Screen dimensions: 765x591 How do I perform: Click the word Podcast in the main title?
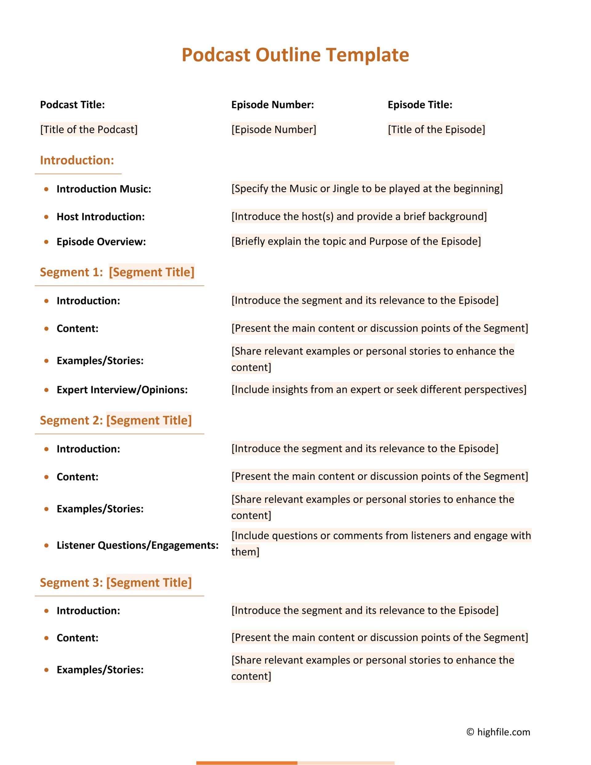pos(216,55)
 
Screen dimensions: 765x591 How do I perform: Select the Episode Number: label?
pos(272,105)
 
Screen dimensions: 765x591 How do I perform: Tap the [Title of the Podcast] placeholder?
pos(89,130)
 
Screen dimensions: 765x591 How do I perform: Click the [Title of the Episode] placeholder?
pos(436,130)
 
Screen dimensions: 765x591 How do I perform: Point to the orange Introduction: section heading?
pos(77,160)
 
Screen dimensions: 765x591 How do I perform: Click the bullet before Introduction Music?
pos(46,189)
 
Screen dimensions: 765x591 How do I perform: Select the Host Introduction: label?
pos(101,217)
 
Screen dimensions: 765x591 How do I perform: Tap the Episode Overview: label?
pos(101,242)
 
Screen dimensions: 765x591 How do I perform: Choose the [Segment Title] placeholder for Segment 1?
pos(151,272)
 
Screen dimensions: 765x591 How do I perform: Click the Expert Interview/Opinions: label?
pos(122,390)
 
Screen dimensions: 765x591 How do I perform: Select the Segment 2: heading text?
pos(71,420)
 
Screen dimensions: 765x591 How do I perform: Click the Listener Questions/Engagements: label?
pos(137,546)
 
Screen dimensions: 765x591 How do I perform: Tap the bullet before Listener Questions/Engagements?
pos(46,546)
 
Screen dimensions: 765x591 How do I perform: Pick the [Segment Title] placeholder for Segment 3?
pos(149,582)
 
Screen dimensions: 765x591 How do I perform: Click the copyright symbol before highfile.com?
pos(470,732)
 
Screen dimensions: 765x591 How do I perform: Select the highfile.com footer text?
pos(503,732)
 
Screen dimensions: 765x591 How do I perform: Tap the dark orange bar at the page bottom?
pos(247,763)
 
